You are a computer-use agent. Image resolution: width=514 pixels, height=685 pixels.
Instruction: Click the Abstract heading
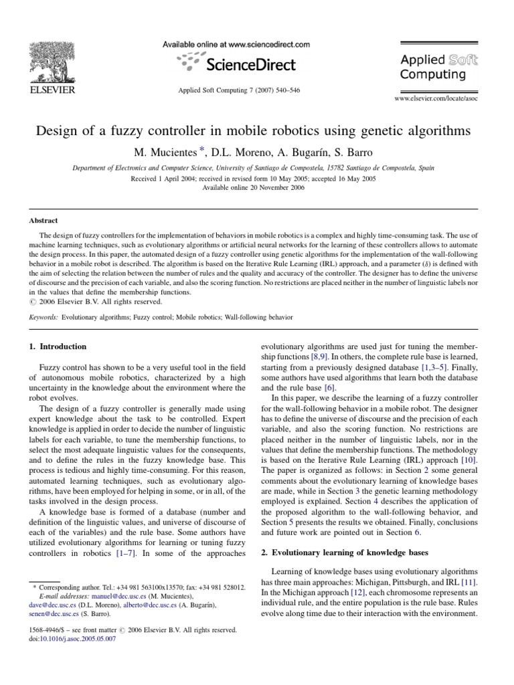click(44, 220)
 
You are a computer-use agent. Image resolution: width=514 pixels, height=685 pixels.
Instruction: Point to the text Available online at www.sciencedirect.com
click(236, 45)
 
